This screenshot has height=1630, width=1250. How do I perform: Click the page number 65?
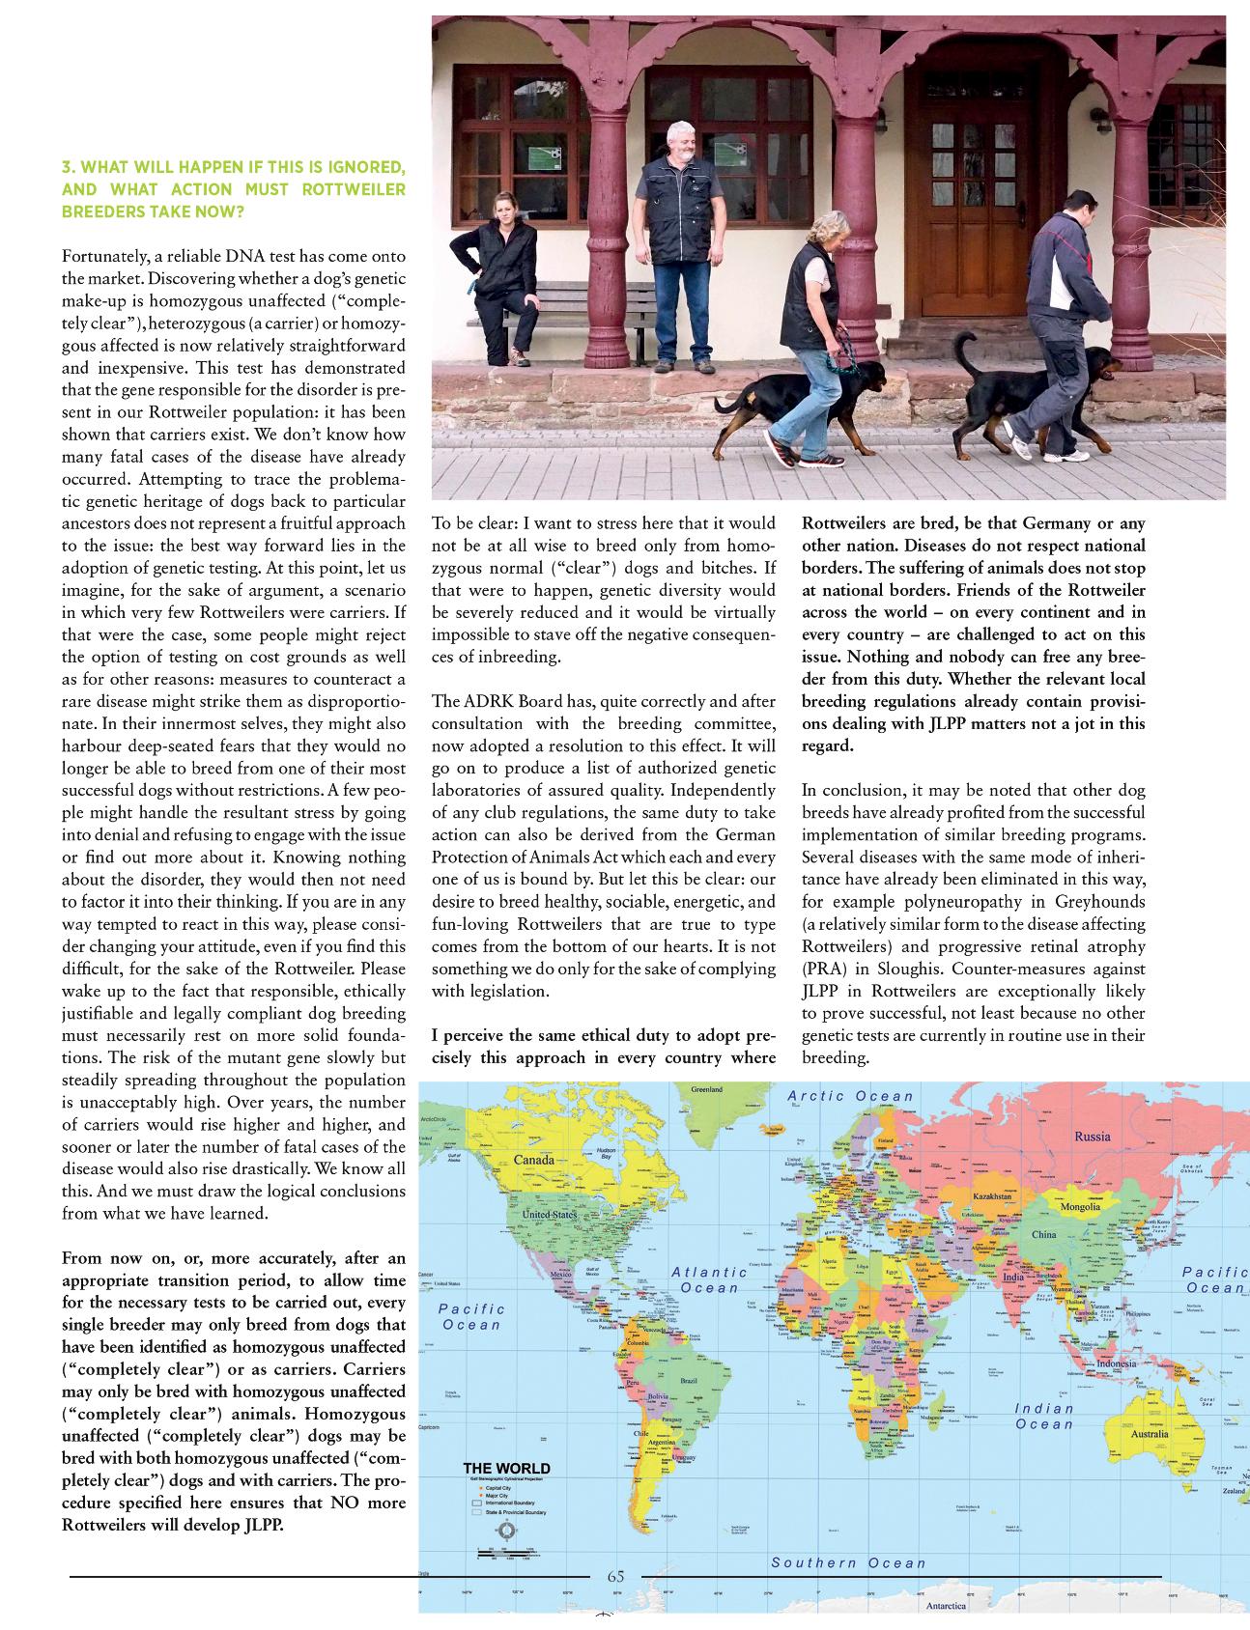point(615,1576)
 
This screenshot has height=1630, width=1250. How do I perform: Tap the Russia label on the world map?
point(1093,1137)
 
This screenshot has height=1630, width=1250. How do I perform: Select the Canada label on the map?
point(533,1160)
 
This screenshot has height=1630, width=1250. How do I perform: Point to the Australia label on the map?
point(1149,1433)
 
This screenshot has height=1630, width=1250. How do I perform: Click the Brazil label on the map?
point(688,1381)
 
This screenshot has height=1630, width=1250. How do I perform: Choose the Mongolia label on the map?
point(1080,1207)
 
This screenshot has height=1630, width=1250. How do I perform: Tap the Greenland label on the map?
point(707,1090)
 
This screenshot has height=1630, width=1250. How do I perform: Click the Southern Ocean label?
point(848,1562)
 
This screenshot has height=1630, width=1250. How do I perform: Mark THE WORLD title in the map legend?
point(506,1469)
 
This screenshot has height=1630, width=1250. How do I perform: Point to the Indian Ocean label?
point(1043,1416)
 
